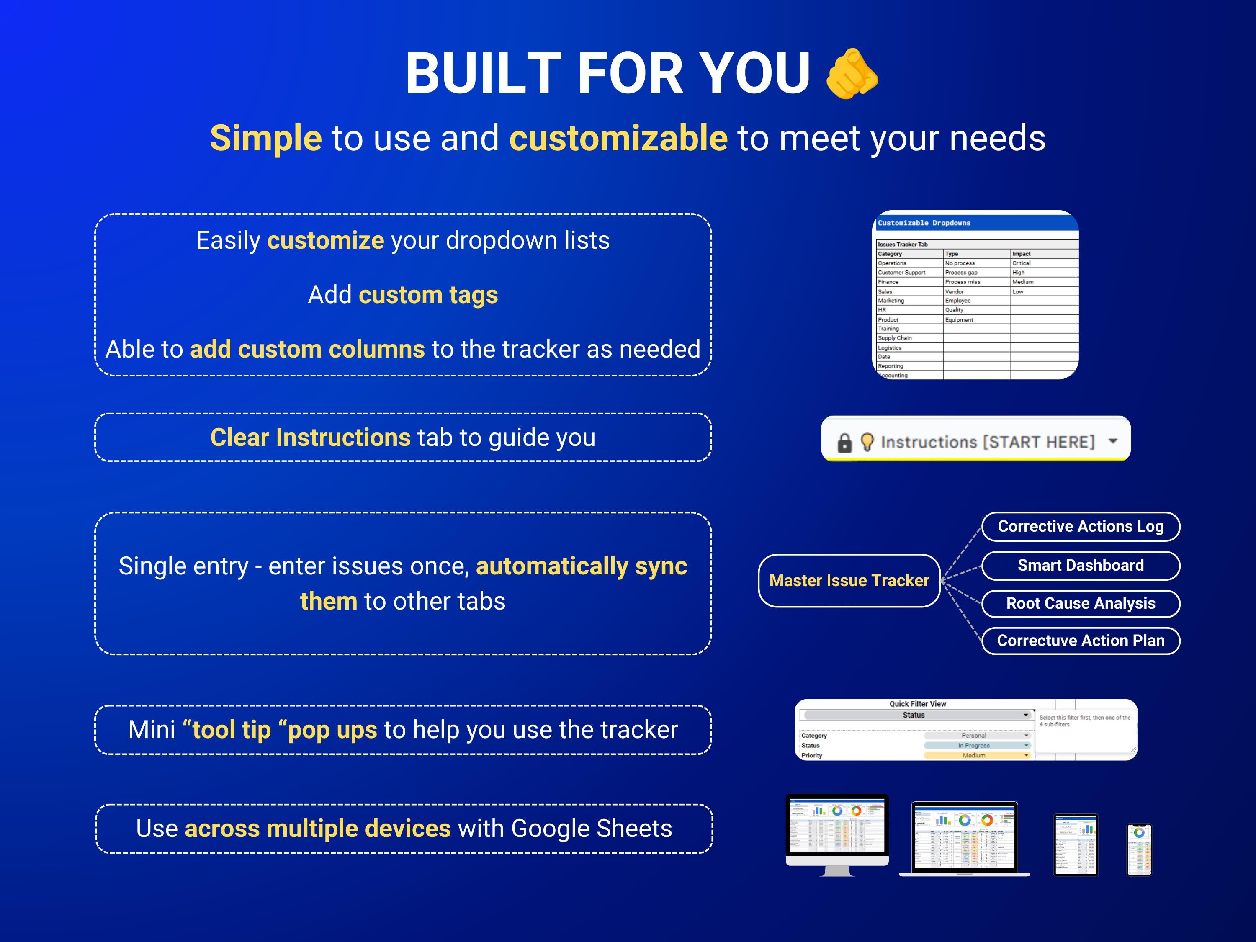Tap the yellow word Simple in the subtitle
266,138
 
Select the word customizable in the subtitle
618,138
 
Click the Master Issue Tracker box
849,580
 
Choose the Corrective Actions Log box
1081,526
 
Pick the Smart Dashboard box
1081,566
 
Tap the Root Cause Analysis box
1081,603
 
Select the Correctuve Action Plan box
1081,641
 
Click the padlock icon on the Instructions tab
845,443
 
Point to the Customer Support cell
902,273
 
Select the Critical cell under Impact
1022,263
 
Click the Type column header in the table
952,254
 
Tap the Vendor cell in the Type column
955,291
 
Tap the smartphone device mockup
1139,849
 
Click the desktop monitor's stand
837,871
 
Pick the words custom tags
428,295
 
